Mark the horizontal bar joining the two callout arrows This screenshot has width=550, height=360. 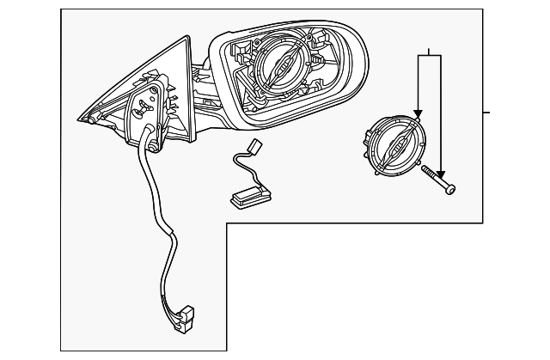pyautogui.click(x=430, y=54)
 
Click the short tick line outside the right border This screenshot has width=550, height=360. pyautogui.click(x=486, y=112)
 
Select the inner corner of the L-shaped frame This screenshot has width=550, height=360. pyautogui.click(x=227, y=223)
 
